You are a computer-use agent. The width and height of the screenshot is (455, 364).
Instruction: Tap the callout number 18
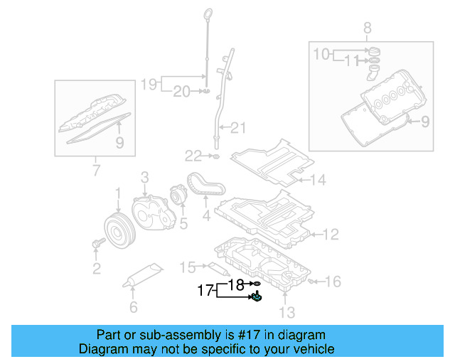pos(236,284)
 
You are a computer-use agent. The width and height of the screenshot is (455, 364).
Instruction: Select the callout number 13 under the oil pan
pos(286,311)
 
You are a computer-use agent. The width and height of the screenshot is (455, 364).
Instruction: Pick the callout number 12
pos(331,234)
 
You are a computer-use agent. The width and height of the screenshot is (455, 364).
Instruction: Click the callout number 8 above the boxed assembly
pos(368,28)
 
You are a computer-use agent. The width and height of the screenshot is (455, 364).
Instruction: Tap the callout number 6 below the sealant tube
pos(133,307)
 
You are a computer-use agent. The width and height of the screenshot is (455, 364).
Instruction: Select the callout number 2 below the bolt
pos(96,268)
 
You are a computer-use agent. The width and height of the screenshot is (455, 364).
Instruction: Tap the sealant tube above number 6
pos(145,274)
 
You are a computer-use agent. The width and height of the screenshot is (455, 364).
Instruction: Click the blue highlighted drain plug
pos(256,298)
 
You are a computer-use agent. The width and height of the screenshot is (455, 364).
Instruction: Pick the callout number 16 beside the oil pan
pos(333,282)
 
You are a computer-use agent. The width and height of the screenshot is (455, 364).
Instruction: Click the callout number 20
pos(182,91)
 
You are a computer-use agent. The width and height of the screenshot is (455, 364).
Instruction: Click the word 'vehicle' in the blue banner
pos(313,349)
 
